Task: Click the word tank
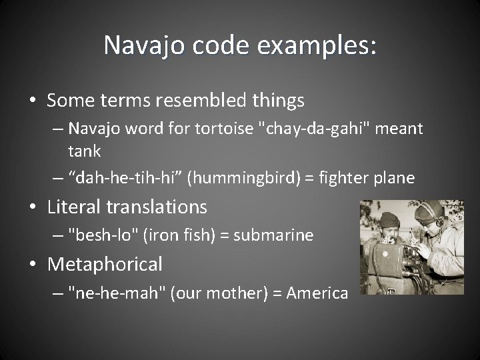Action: pyautogui.click(x=84, y=151)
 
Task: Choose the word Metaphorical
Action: pyautogui.click(x=105, y=264)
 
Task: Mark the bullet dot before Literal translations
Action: pyautogui.click(x=33, y=207)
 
